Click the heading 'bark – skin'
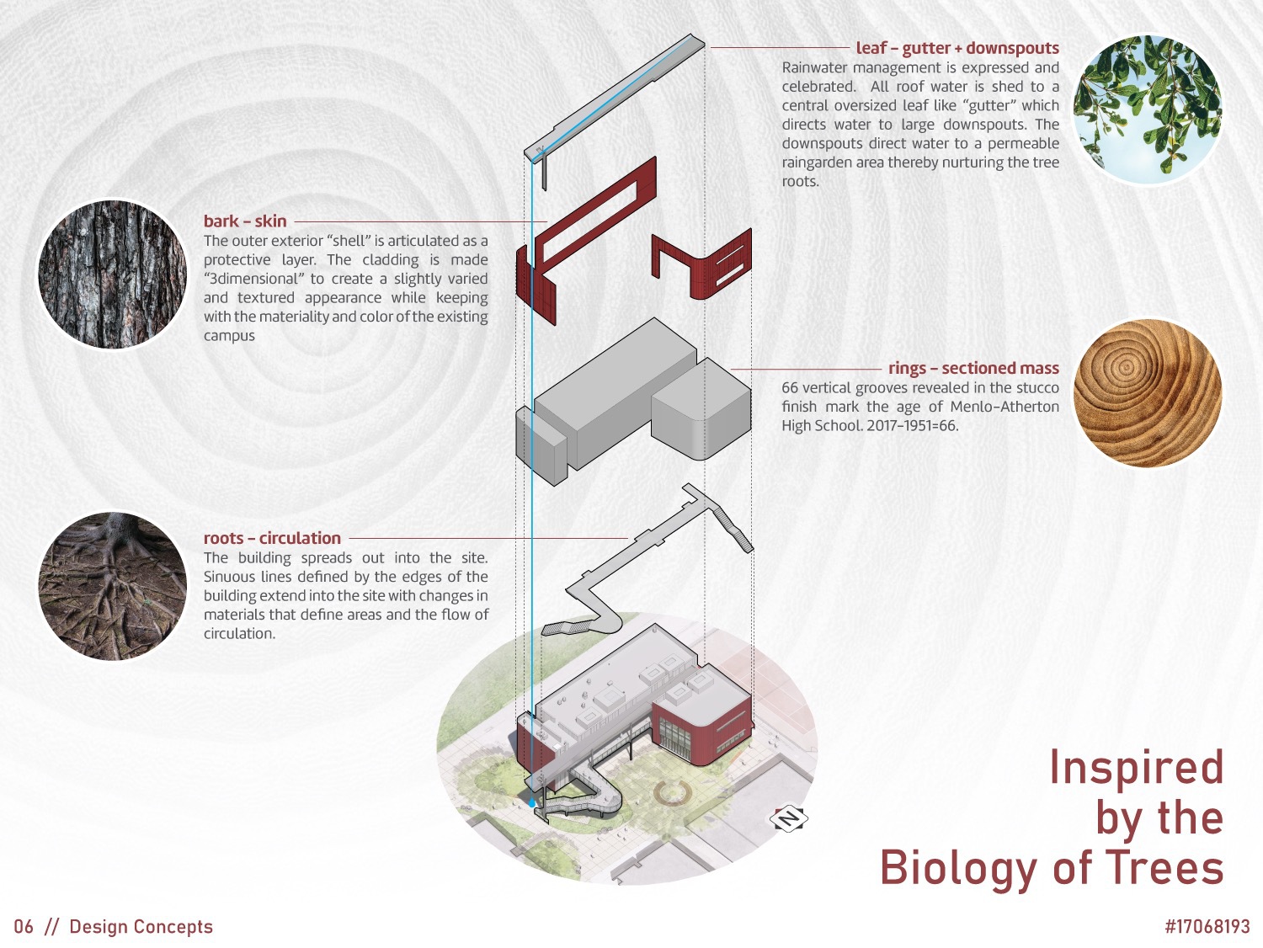click(245, 221)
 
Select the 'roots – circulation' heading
click(272, 539)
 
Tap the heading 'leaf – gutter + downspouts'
click(957, 48)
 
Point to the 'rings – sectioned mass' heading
click(973, 368)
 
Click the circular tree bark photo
click(112, 274)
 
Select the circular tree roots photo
click(112, 586)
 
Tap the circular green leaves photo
click(1148, 109)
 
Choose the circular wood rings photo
click(1148, 393)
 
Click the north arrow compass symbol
click(789, 818)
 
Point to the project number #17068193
click(1207, 927)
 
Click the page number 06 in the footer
click(24, 927)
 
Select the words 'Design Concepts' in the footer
click(141, 927)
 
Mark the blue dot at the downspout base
click(531, 802)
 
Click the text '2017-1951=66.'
click(913, 426)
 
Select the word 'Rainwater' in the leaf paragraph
click(814, 68)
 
